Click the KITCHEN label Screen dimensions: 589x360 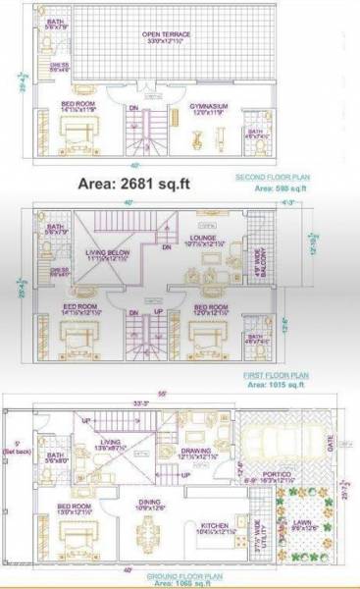click(215, 525)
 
